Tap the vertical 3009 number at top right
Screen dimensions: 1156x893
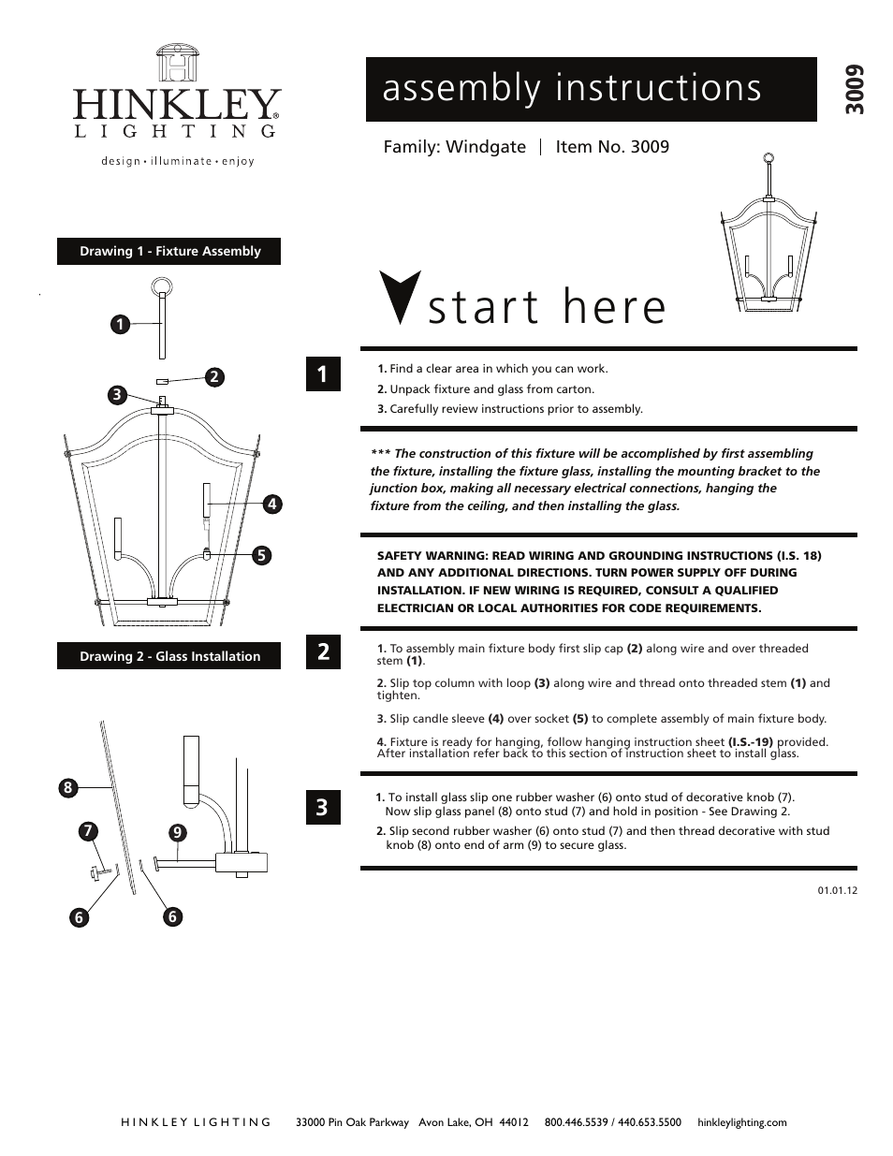851,91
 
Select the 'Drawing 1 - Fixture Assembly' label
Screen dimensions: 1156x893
169,251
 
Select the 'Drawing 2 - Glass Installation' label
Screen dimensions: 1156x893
169,656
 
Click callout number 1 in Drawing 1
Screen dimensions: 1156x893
118,325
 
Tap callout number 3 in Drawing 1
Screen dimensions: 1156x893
116,395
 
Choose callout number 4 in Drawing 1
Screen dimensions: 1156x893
271,504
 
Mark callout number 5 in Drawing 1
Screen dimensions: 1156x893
261,555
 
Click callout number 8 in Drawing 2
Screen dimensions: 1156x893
67,788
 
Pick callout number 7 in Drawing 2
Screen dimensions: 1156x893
87,830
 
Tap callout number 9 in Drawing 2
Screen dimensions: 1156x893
176,831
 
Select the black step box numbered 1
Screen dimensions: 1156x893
322,374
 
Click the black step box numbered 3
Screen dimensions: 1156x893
322,807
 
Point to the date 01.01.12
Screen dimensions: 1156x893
838,890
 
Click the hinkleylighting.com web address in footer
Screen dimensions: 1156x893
742,1122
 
